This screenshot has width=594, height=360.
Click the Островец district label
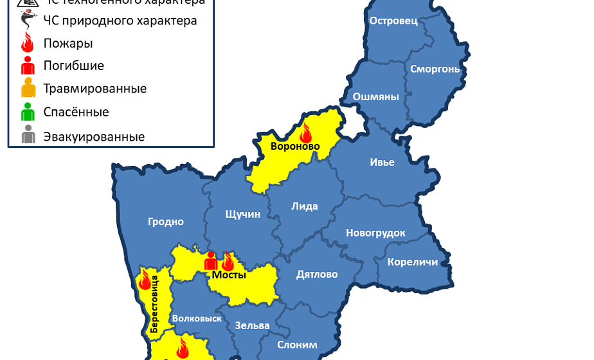[x=393, y=21]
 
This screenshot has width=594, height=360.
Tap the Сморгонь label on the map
[x=435, y=69]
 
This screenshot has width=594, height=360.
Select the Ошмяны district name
[x=376, y=97]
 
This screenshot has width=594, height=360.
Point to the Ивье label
[x=382, y=162]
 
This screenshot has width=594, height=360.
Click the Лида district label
[x=304, y=206]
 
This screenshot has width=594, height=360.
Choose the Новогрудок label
[x=375, y=233]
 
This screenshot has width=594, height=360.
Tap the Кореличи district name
[x=412, y=262]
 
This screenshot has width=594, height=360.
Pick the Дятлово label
[x=317, y=274]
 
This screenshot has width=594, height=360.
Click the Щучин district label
[x=243, y=214]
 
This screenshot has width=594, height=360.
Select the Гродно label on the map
[x=166, y=222]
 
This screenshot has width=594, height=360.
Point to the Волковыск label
[x=197, y=318]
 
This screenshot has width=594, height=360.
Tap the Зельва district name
[x=252, y=325]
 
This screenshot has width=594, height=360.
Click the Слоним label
[x=297, y=345]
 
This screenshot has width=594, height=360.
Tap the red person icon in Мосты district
[x=210, y=260]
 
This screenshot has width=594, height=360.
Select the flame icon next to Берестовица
[x=145, y=280]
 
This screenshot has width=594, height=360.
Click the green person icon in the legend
[x=28, y=113]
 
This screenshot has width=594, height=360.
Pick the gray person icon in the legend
[x=28, y=136]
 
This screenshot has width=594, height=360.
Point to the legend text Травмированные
[x=94, y=89]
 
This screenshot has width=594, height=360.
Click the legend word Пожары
[x=67, y=44]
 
